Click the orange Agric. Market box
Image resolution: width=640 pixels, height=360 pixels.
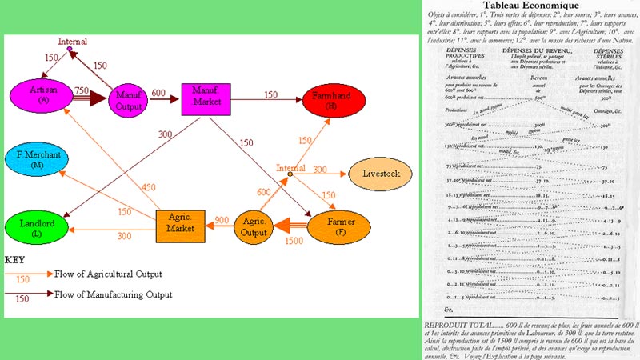pos(181,226)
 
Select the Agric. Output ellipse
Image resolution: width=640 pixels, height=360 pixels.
pos(255,226)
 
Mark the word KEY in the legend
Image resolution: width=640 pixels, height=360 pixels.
pos(16,260)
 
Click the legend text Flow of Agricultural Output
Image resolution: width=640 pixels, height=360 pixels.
pos(108,274)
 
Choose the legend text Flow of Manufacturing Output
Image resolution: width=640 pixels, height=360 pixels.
pos(113,294)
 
